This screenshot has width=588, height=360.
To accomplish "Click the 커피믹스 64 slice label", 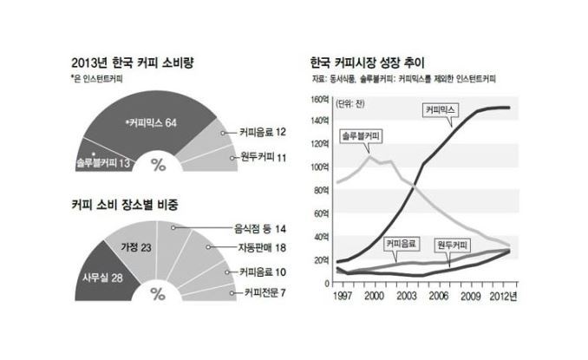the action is coord(151,122).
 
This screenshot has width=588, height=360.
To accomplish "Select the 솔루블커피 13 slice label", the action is coord(102,162).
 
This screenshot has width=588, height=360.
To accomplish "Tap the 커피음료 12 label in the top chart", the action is coord(263,132).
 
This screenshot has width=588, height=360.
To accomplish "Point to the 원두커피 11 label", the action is coord(264,157).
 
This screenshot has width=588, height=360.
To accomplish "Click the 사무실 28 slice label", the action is coord(102,278).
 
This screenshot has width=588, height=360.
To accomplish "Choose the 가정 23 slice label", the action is coord(136,247).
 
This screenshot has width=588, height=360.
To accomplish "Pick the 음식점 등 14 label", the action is coord(260,229).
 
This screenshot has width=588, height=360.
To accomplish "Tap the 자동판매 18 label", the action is coord(262,247).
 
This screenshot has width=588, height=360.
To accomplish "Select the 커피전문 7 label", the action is coord(265,292).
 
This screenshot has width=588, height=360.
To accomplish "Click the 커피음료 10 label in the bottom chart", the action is coord(263,272).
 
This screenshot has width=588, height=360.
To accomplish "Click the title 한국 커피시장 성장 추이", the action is coord(367,62).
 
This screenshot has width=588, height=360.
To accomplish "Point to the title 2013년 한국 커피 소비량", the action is coord(133,62).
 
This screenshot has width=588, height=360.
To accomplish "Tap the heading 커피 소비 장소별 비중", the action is coord(125,205).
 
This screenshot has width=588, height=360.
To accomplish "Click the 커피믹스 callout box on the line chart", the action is coord(441,110).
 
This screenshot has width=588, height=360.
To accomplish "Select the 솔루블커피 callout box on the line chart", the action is coord(361,136).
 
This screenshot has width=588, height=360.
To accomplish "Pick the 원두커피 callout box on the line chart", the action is coord(452,245).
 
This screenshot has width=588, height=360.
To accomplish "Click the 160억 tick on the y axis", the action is coord(319,99).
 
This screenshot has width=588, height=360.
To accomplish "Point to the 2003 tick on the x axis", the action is coord(407,297).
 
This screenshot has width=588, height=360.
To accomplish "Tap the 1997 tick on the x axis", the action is coord(343,297).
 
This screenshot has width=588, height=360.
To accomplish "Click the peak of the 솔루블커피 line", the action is coord(369,155).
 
